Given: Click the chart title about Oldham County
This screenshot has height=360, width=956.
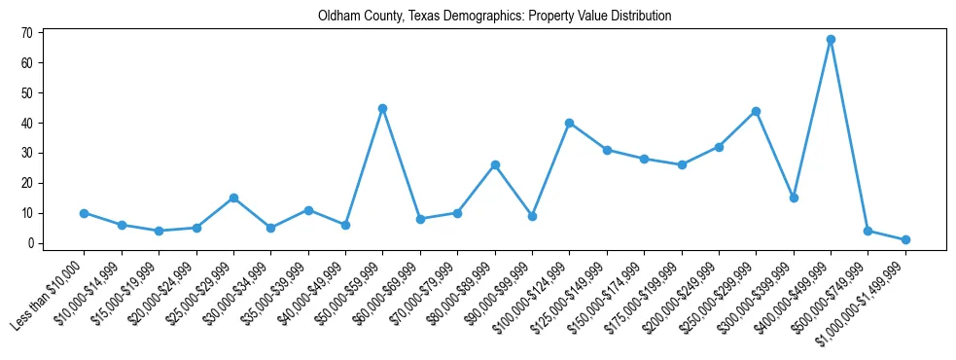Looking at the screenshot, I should click(494, 17).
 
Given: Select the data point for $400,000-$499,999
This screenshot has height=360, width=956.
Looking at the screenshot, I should click(831, 40).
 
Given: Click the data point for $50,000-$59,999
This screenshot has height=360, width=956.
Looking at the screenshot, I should click(383, 108).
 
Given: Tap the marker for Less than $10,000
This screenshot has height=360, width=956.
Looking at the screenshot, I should click(85, 213).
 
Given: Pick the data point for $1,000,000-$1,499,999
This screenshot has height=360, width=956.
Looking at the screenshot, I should click(905, 239).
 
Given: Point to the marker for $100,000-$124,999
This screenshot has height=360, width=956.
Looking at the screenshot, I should click(570, 124).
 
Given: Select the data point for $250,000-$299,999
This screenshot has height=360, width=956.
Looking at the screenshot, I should click(756, 111).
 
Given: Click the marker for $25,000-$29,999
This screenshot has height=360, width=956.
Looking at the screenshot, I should click(233, 198).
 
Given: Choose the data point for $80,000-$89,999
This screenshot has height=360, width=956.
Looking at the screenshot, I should click(495, 165).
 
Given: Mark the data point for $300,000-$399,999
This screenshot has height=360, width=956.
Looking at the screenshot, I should click(794, 198).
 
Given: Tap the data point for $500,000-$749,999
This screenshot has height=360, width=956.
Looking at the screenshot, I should click(867, 231).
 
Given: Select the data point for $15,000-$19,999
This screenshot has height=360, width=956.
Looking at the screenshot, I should click(159, 231).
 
